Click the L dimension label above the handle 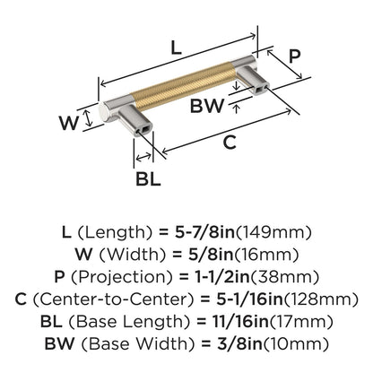click(x=177, y=48)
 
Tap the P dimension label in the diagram click(x=295, y=56)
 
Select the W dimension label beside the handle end click(x=69, y=123)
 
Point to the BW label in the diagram click(x=207, y=106)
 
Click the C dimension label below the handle click(x=230, y=143)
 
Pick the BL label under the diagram click(x=148, y=179)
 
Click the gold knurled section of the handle click(x=184, y=84)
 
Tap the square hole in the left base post click(x=145, y=129)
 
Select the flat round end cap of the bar click(x=104, y=114)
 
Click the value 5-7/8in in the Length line click(x=205, y=232)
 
